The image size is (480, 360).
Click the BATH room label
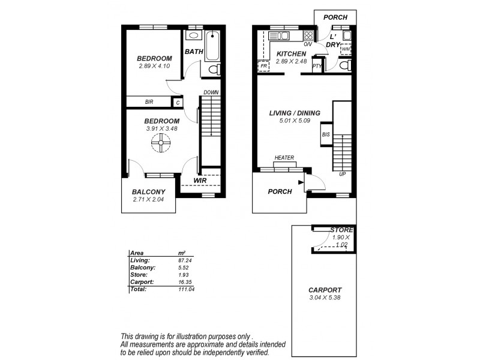tap(193, 52)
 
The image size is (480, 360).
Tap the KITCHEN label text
tap(292, 54)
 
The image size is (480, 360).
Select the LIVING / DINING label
tap(295, 113)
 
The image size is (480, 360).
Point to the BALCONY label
tap(148, 192)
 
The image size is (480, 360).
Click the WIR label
tap(200, 180)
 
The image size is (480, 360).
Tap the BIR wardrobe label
tap(149, 103)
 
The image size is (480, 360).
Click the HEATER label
tap(284, 158)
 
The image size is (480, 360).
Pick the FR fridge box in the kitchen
tap(263, 65)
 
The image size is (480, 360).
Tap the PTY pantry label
tap(317, 66)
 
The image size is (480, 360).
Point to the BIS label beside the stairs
tap(326, 134)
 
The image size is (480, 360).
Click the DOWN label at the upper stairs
tap(210, 92)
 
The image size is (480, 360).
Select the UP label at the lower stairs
tap(343, 174)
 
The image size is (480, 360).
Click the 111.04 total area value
tap(188, 289)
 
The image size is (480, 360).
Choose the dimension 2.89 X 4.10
tap(154, 65)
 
